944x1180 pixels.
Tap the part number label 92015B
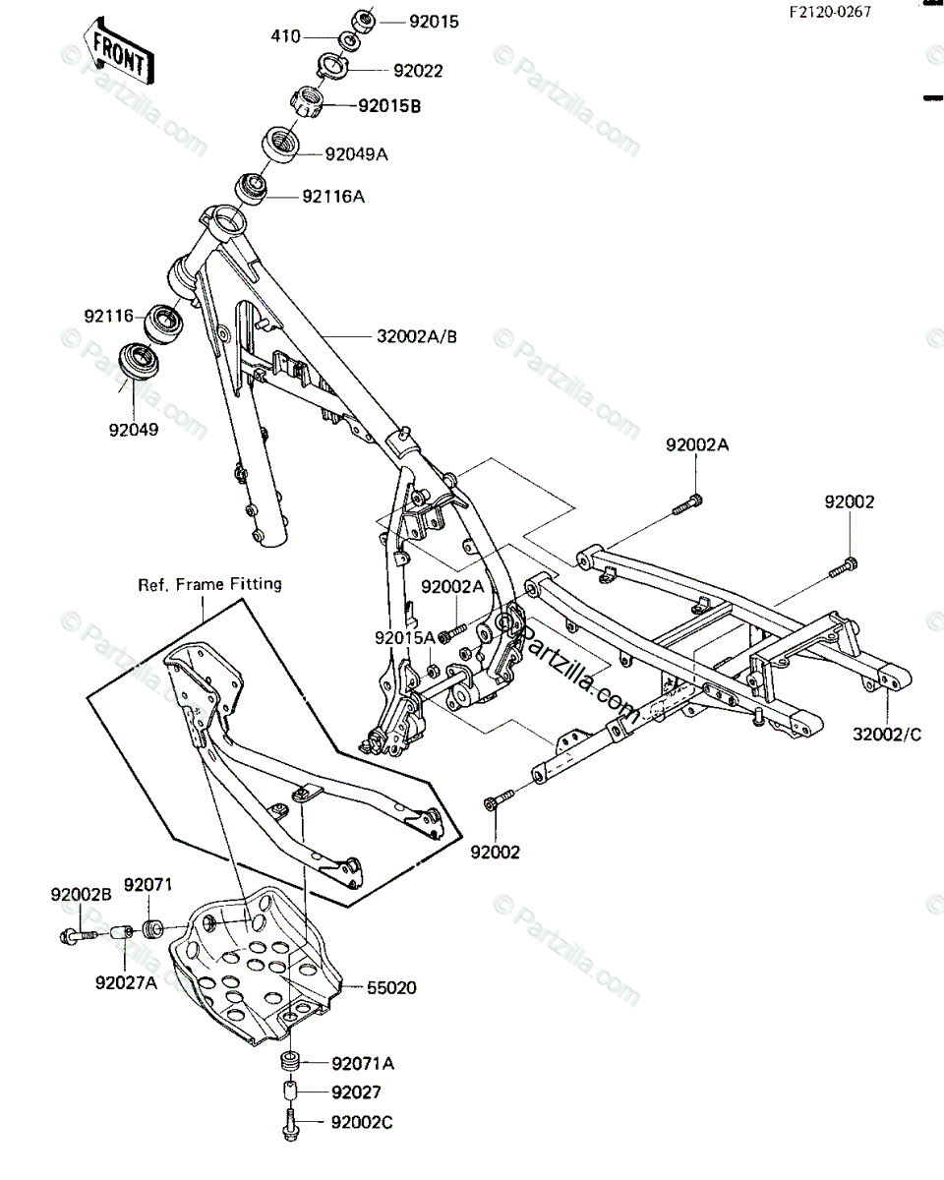[x=389, y=105]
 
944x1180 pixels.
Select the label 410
[x=285, y=37]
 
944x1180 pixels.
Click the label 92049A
[x=357, y=153]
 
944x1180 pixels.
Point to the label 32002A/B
[x=417, y=336]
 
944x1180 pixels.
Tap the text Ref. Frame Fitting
[x=209, y=584]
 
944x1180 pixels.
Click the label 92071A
[x=363, y=1063]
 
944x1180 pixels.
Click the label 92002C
[x=363, y=1120]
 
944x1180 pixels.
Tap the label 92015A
[x=404, y=637]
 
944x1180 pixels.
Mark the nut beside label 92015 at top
[x=362, y=19]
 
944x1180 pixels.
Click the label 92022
[x=418, y=71]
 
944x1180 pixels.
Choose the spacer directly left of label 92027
[x=289, y=1092]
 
